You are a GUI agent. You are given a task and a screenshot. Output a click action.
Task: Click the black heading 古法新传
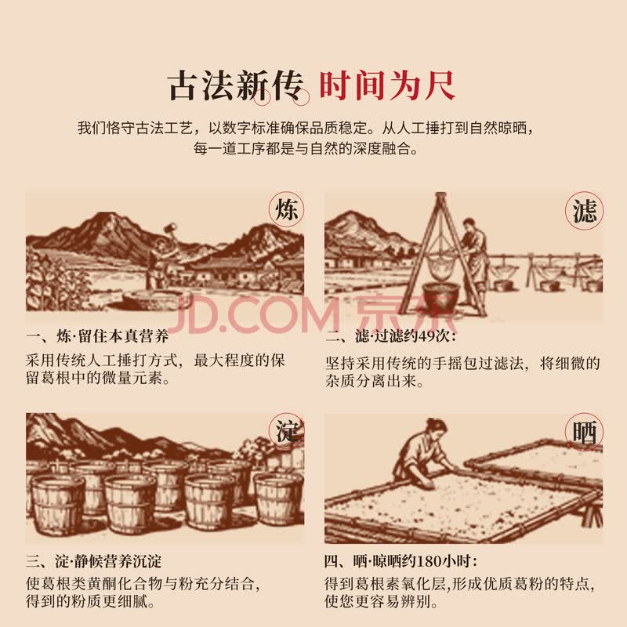(x=236, y=86)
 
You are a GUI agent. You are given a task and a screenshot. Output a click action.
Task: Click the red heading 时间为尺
(x=387, y=85)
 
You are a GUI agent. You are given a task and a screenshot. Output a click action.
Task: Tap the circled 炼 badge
(x=286, y=209)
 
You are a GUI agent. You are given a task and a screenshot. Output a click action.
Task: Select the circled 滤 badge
(x=584, y=211)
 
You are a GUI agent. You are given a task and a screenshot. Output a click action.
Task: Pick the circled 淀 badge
(x=286, y=431)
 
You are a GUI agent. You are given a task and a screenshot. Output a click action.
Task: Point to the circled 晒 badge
(x=584, y=432)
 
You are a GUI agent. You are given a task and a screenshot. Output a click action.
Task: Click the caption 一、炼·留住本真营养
(x=97, y=336)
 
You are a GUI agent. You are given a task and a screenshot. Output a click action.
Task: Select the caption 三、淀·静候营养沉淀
(x=94, y=561)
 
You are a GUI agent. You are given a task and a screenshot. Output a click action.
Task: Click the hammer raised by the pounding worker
(x=170, y=228)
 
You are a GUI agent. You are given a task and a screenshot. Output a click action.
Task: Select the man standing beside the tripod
(x=475, y=260)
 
